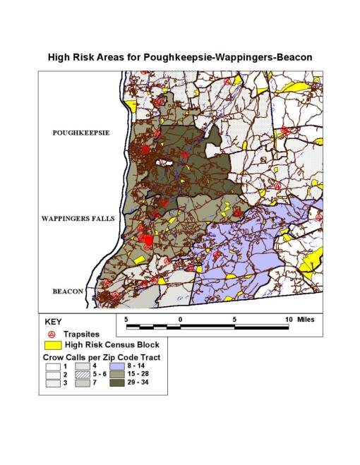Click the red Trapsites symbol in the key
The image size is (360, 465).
[x=51, y=333]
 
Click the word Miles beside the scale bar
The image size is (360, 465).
[x=305, y=319]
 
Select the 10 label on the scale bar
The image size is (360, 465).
[x=288, y=319]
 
